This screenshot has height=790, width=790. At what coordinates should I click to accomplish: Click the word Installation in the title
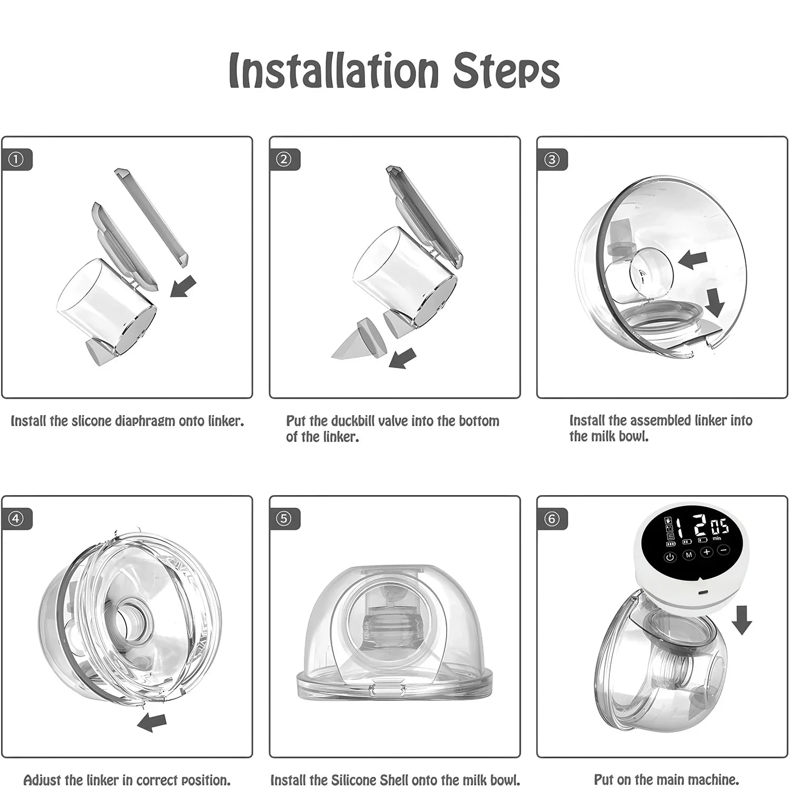pyautogui.click(x=334, y=70)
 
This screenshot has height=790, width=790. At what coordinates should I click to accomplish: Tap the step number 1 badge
pyautogui.click(x=16, y=159)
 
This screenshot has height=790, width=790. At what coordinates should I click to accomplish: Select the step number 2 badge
pyautogui.click(x=284, y=159)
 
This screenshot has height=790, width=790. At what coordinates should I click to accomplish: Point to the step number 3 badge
pyautogui.click(x=551, y=159)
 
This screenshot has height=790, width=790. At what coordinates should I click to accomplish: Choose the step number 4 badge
pyautogui.click(x=16, y=519)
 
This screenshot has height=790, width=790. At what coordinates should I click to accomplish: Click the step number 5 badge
pyautogui.click(x=284, y=519)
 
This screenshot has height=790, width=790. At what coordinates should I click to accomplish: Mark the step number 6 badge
pyautogui.click(x=551, y=519)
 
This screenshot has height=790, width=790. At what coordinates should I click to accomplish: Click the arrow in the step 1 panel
pyautogui.click(x=183, y=287)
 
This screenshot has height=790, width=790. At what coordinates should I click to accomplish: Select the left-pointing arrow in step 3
pyautogui.click(x=692, y=260)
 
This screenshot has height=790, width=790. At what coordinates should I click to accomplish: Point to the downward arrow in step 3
pyautogui.click(x=715, y=303)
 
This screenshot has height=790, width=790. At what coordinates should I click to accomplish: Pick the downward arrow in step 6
pyautogui.click(x=742, y=619)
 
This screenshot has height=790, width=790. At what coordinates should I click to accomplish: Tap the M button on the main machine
pyautogui.click(x=688, y=555)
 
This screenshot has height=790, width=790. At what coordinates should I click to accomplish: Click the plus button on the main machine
pyautogui.click(x=706, y=552)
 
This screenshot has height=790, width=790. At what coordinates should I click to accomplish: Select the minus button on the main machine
pyautogui.click(x=724, y=550)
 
